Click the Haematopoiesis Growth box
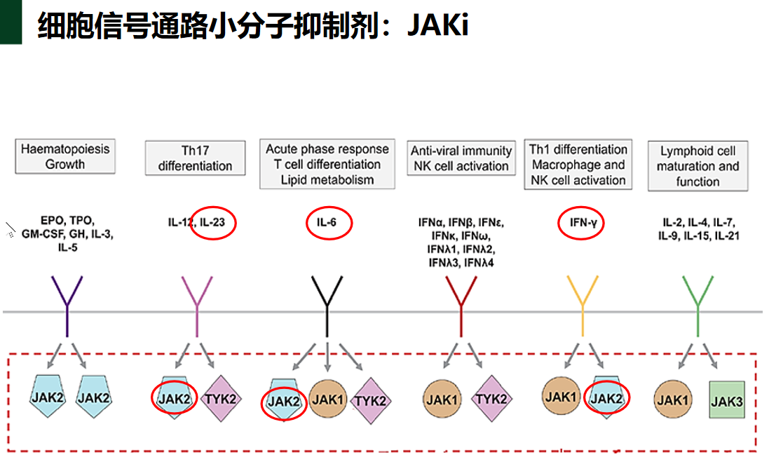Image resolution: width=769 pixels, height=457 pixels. pos(65,157)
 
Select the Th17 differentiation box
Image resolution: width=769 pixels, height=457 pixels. pos(195,158)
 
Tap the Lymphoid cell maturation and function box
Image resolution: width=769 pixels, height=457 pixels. pos(697,166)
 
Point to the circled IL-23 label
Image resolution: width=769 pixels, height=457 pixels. pos(214,223)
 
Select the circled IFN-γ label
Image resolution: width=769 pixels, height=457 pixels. pos(581,224)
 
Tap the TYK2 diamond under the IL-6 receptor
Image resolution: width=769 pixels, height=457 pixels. pos(369,401)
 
